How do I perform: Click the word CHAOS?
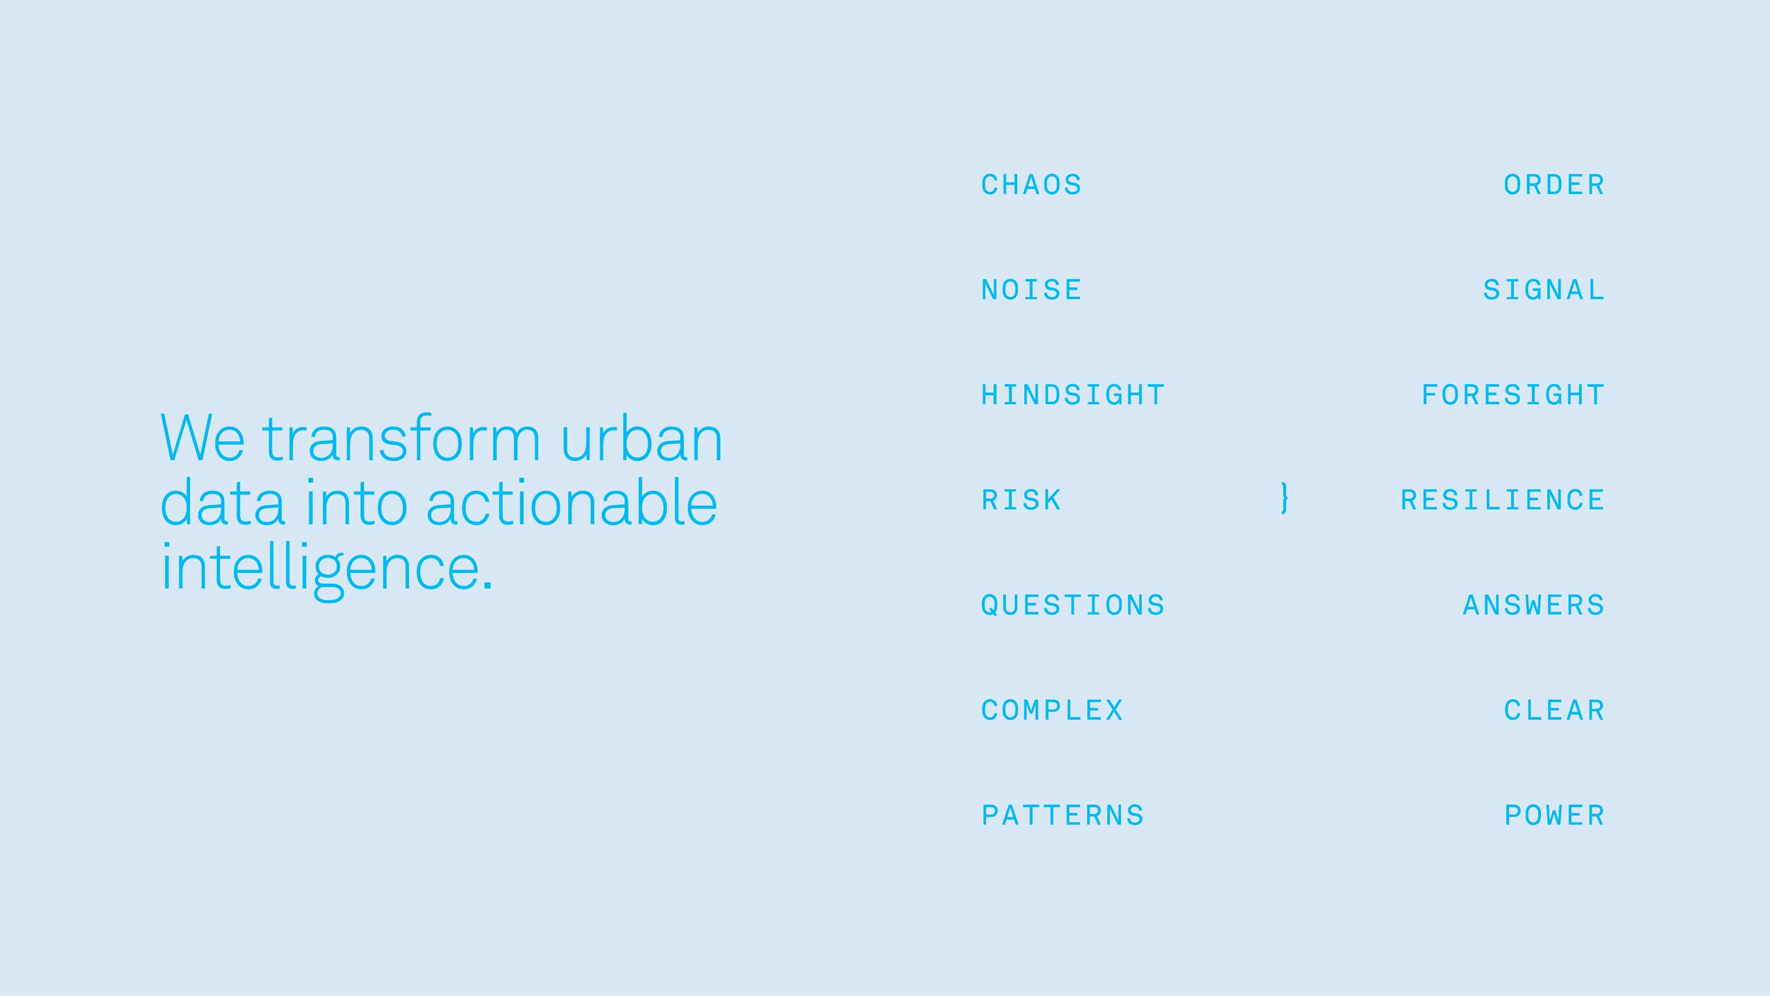pyautogui.click(x=1031, y=185)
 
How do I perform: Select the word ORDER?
pyautogui.click(x=1554, y=185)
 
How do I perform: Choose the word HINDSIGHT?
pyautogui.click(x=1073, y=395)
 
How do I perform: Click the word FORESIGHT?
pyautogui.click(x=1513, y=395)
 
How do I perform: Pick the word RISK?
pyautogui.click(x=1022, y=500)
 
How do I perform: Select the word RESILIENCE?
pyautogui.click(x=1503, y=500)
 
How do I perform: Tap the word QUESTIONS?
pyautogui.click(x=1073, y=605)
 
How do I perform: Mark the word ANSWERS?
pyautogui.click(x=1533, y=605)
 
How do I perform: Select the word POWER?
pyautogui.click(x=1554, y=816)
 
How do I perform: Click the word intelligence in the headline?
pyautogui.click(x=327, y=569)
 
